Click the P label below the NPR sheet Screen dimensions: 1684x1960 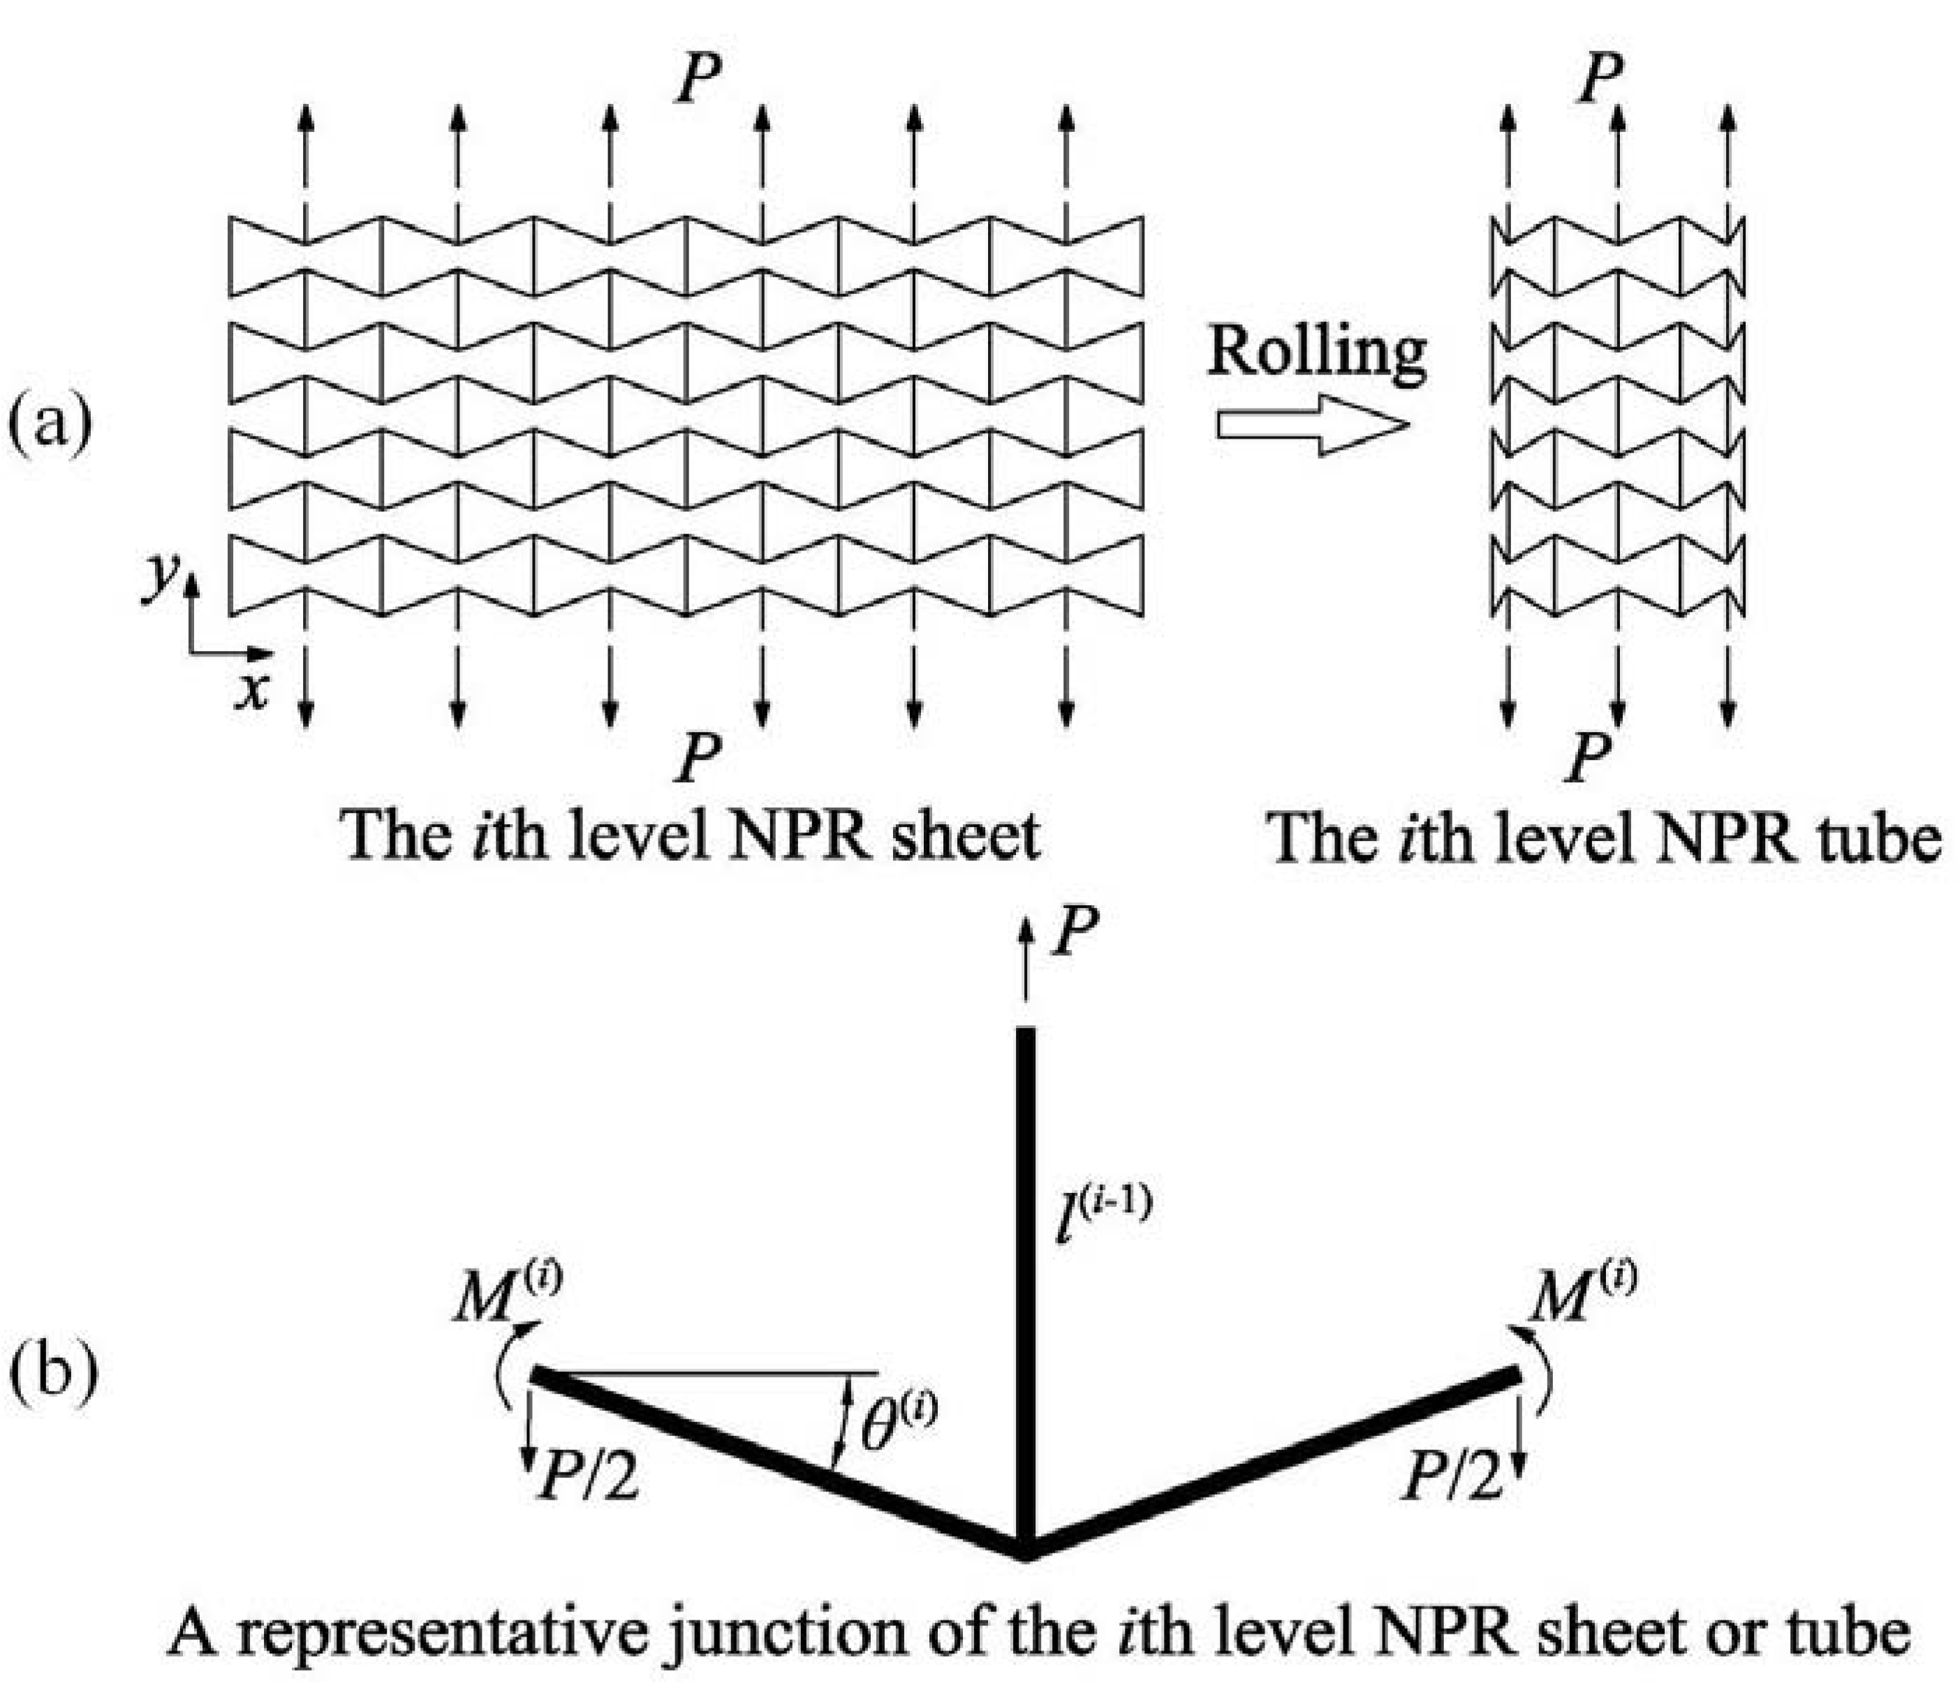[x=698, y=757]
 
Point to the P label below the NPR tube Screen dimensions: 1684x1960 [x=1589, y=757]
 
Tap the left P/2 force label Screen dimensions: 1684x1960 [x=587, y=1477]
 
